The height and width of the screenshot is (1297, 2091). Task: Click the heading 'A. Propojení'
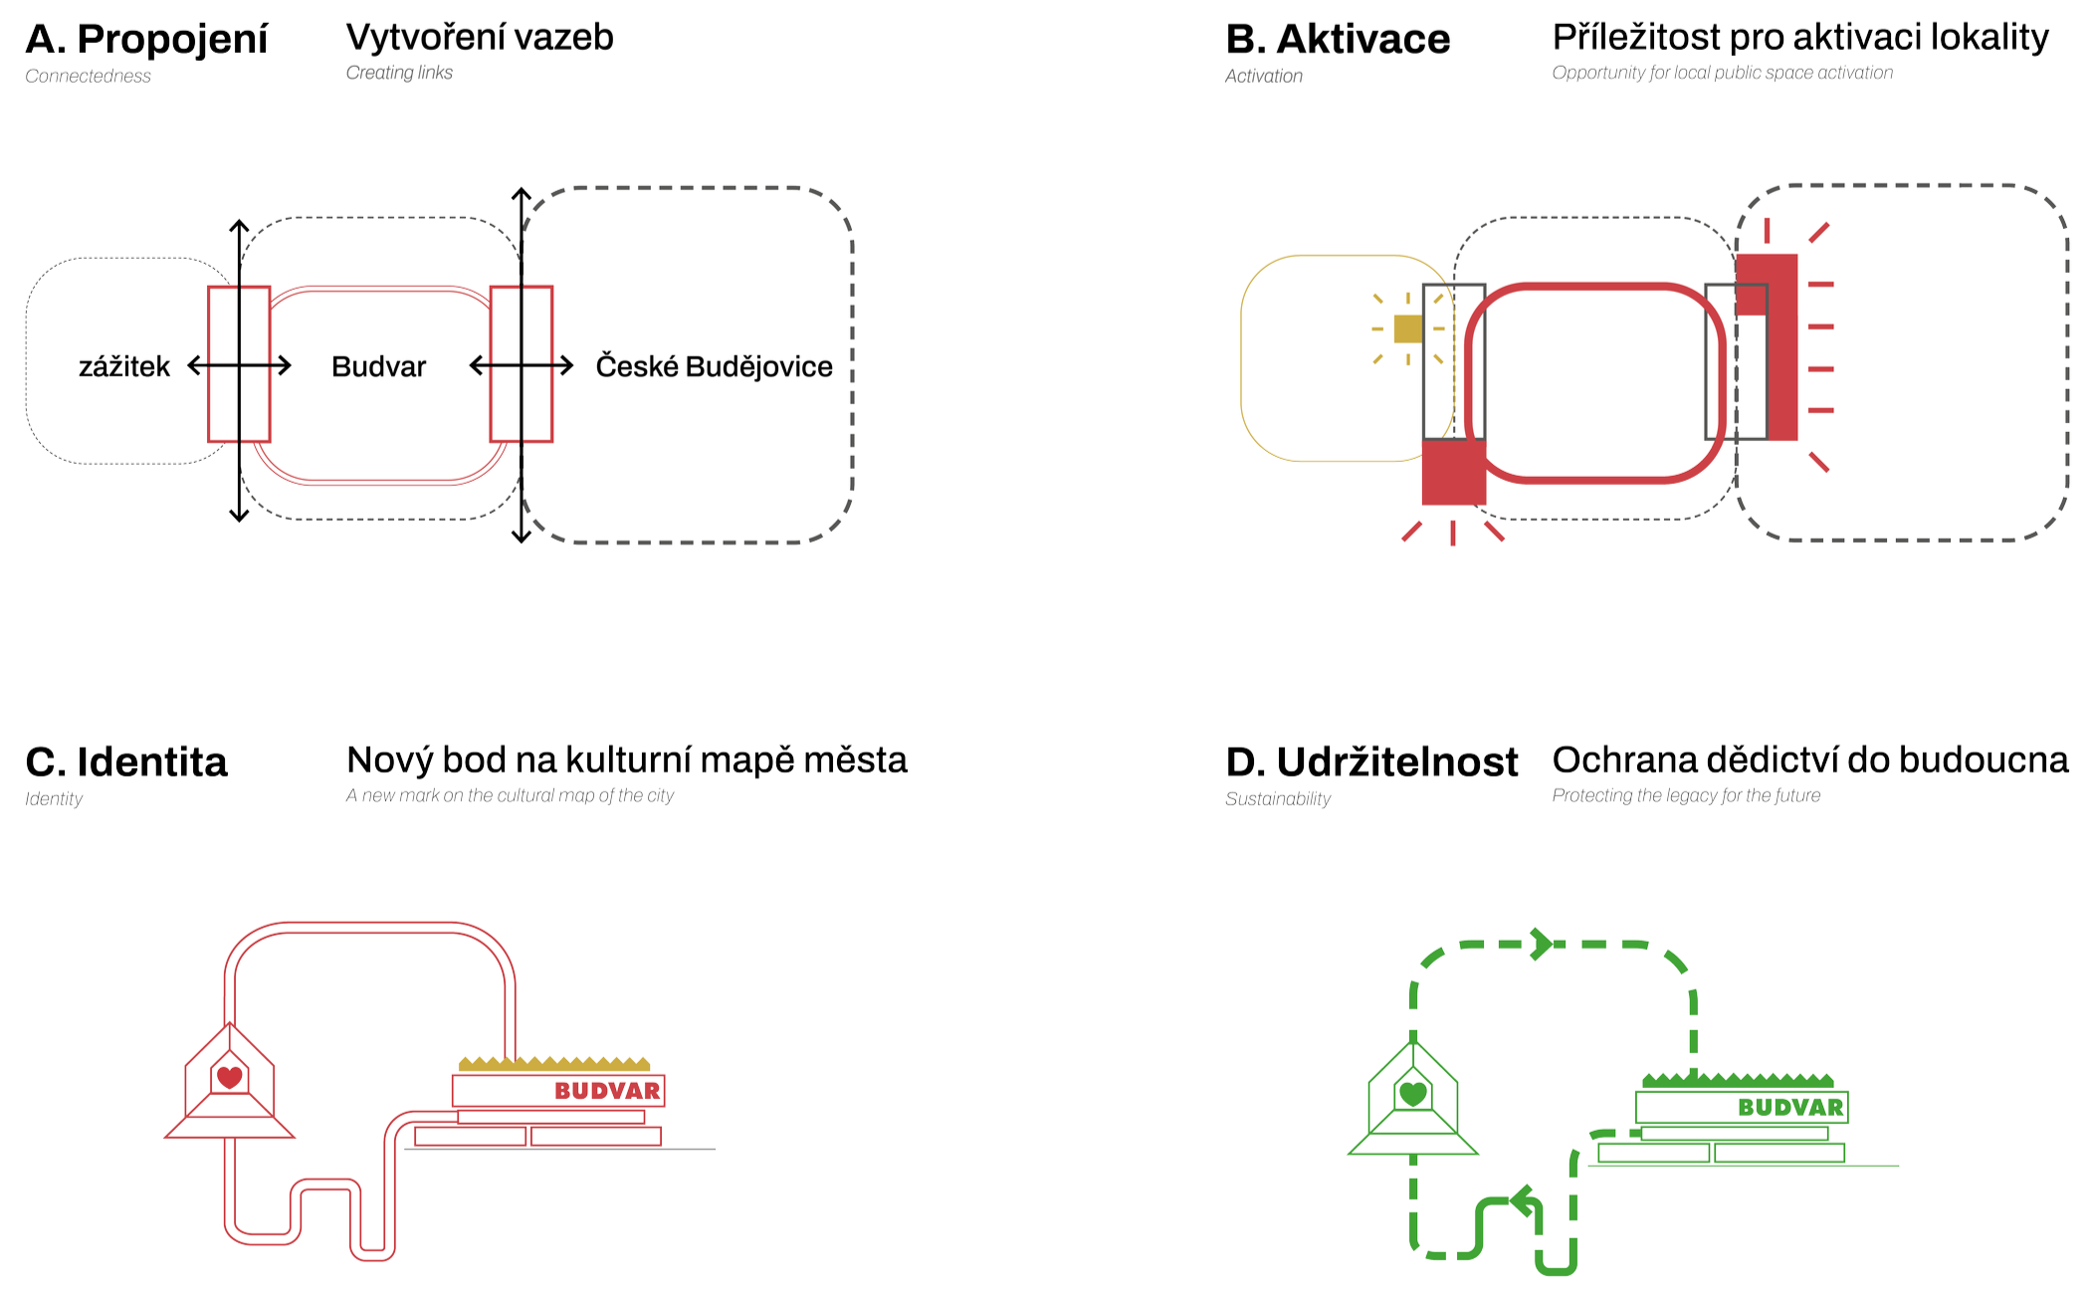[146, 40]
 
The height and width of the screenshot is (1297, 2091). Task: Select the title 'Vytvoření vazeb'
[480, 38]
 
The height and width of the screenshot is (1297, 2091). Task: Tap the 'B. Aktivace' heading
[1338, 40]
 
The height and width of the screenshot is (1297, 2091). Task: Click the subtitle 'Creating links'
[399, 73]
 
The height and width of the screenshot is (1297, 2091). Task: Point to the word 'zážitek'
[124, 366]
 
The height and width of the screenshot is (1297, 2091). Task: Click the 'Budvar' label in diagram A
[378, 366]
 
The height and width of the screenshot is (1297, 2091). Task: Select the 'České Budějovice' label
[714, 366]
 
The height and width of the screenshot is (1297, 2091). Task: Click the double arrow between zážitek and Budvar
[239, 366]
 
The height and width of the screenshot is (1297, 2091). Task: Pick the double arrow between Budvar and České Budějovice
[522, 366]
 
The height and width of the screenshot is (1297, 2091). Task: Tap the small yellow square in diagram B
[1407, 328]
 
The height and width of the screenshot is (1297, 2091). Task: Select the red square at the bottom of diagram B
[1453, 473]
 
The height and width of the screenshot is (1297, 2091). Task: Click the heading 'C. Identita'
[126, 761]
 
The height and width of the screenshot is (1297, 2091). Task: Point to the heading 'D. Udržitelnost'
[1372, 761]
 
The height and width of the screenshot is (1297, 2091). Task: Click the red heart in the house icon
[230, 1076]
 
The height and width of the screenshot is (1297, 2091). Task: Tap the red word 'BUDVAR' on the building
[607, 1091]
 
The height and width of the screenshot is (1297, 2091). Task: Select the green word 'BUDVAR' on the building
[1790, 1107]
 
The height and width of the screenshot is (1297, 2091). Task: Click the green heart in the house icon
[1412, 1093]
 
